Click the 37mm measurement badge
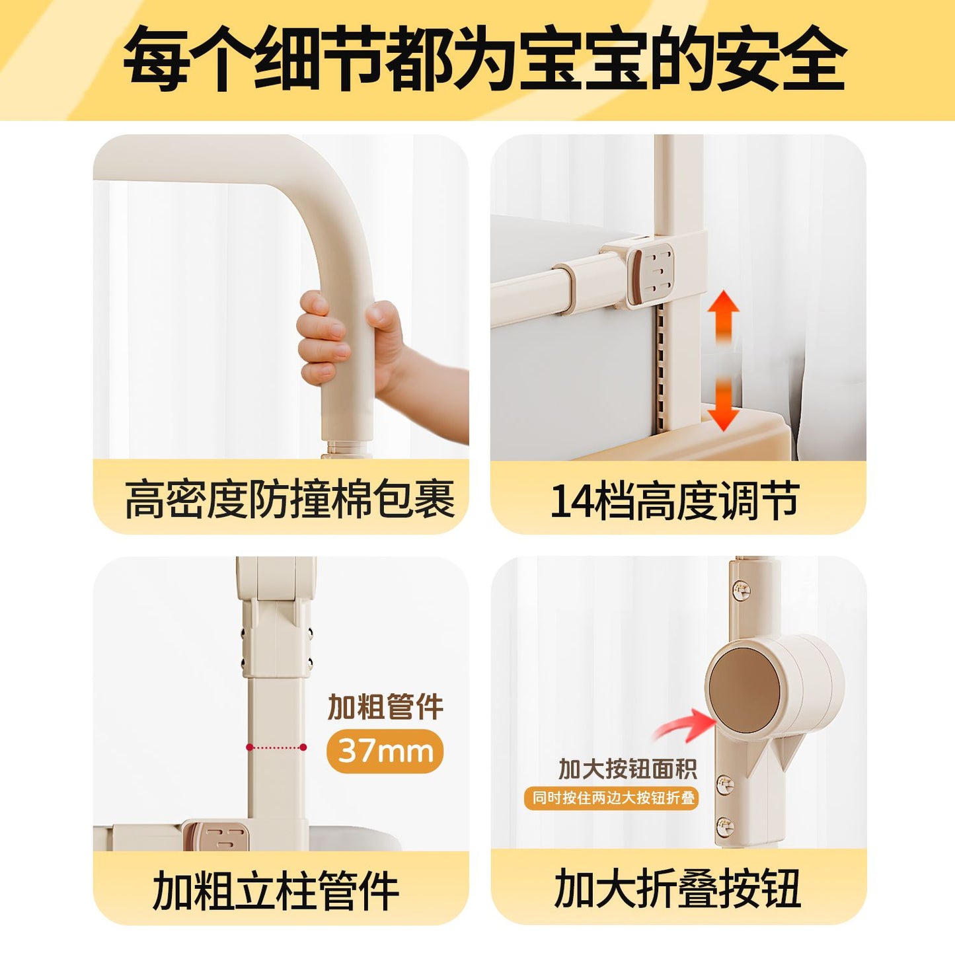tap(385, 751)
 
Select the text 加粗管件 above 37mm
tap(385, 707)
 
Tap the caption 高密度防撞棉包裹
tap(289, 500)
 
